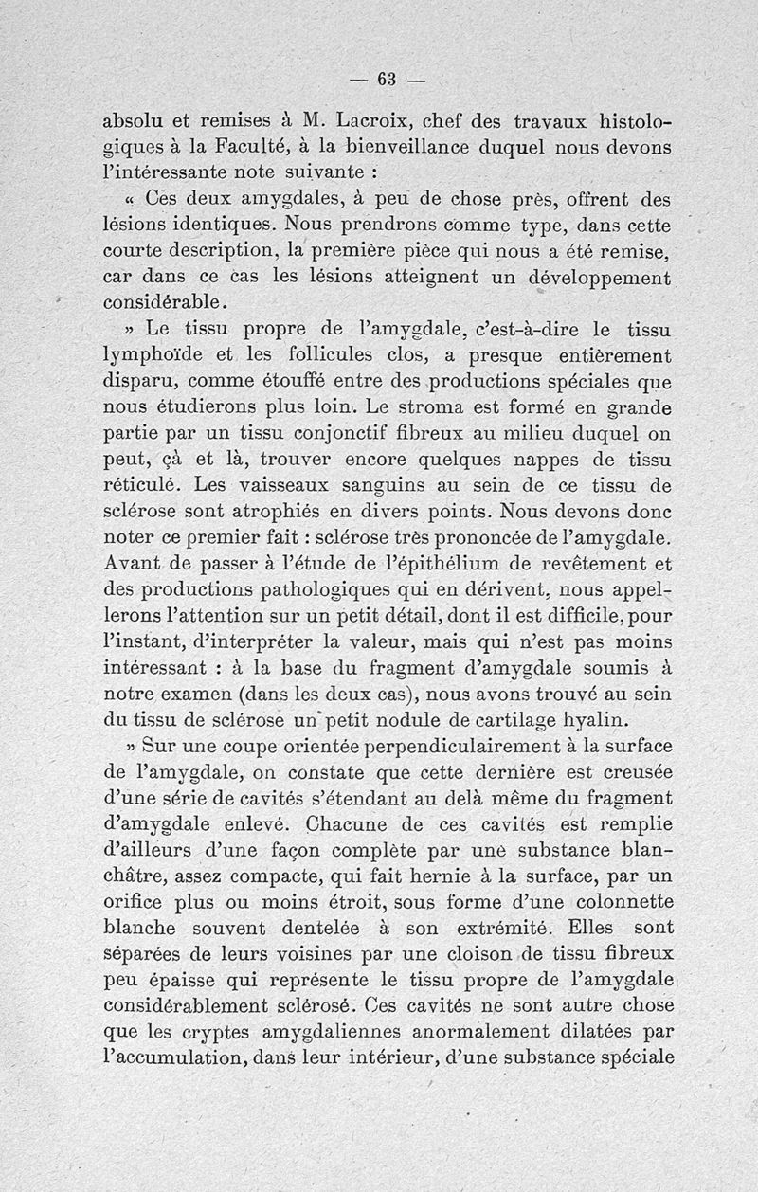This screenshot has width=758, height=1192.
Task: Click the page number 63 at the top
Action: pos(387,80)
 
